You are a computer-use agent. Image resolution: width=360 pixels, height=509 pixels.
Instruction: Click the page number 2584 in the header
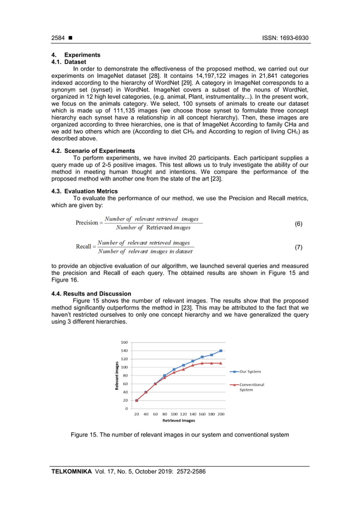pos(57,38)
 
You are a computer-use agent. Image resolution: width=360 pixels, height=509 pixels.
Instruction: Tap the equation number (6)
pos(298,224)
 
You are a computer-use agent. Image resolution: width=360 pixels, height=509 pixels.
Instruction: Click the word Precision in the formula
pos(86,223)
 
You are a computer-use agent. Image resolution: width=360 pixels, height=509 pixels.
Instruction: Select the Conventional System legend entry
pos(252,387)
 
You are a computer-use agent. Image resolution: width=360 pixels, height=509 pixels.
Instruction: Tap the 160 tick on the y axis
pos(124,342)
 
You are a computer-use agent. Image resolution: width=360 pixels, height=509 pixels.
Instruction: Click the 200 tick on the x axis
pos(221,414)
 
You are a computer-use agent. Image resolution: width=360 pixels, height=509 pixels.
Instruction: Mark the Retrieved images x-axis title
pos(178,420)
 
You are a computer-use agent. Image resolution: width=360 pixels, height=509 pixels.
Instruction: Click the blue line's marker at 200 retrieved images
pos(221,351)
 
